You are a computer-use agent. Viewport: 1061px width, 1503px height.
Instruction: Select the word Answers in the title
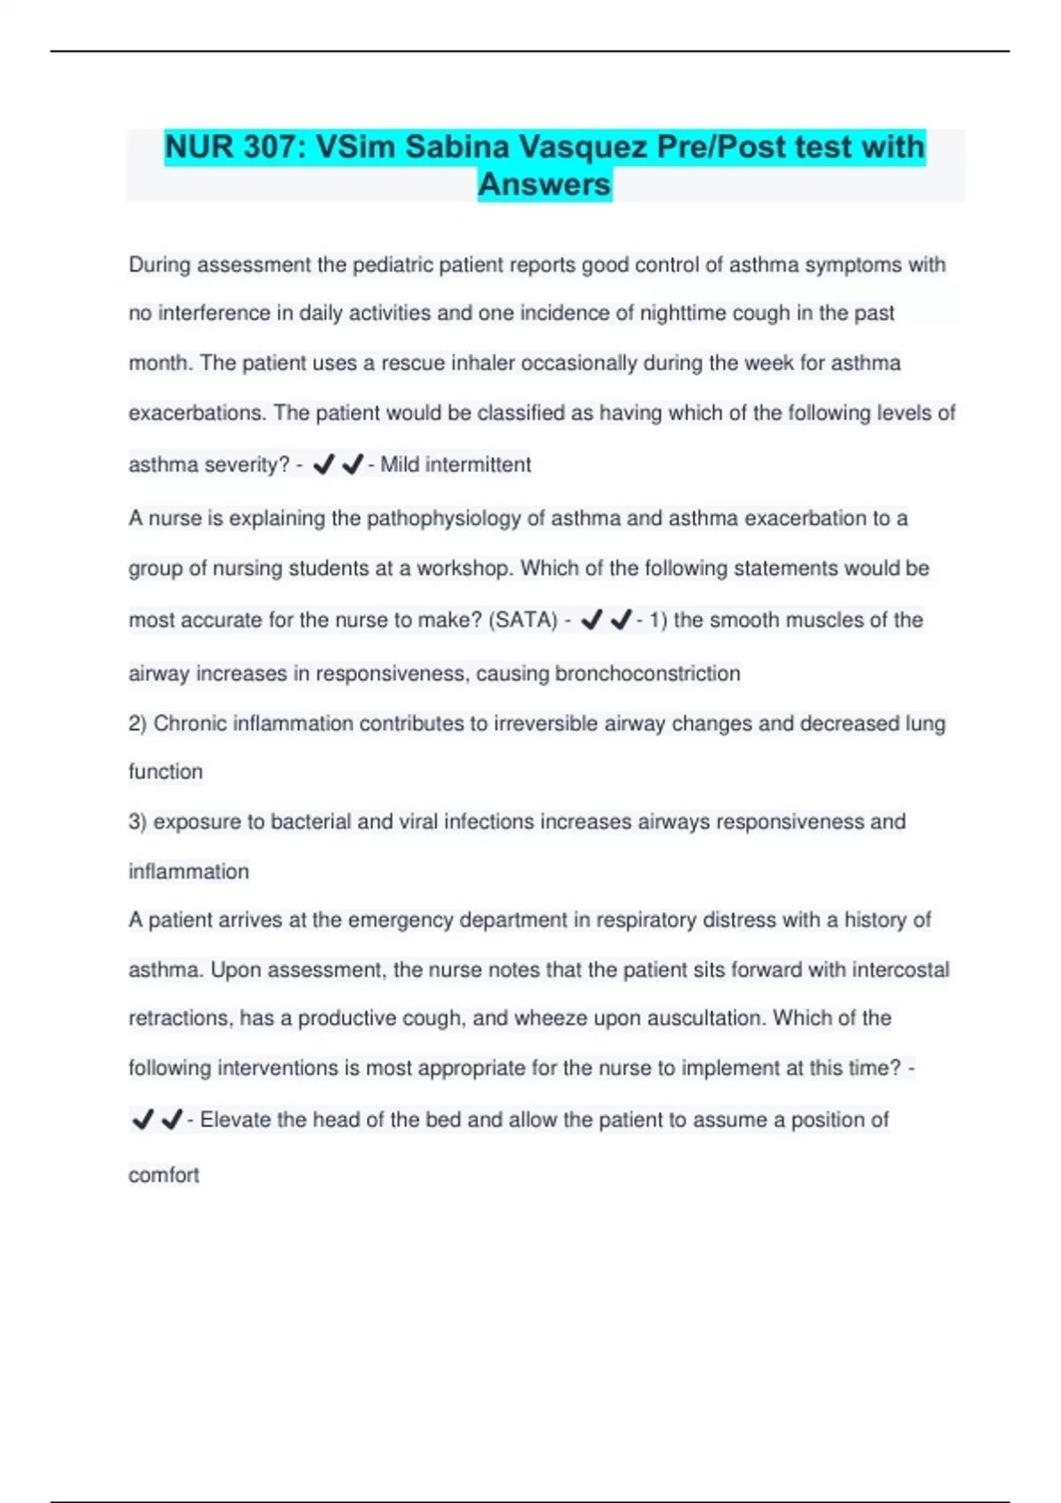click(545, 185)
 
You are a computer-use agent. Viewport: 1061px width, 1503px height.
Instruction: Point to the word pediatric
click(393, 265)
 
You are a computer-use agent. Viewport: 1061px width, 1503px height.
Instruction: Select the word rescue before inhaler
click(413, 363)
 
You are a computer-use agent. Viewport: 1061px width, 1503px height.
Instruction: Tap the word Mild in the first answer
click(400, 465)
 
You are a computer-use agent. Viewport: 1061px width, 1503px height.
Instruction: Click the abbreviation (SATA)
click(523, 621)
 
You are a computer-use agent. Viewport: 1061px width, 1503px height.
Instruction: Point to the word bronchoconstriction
click(647, 674)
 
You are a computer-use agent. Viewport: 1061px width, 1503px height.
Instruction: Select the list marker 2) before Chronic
click(137, 724)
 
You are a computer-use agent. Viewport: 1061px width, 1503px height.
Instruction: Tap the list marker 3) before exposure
click(137, 822)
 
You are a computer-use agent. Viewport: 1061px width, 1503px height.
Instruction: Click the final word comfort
click(164, 1176)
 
